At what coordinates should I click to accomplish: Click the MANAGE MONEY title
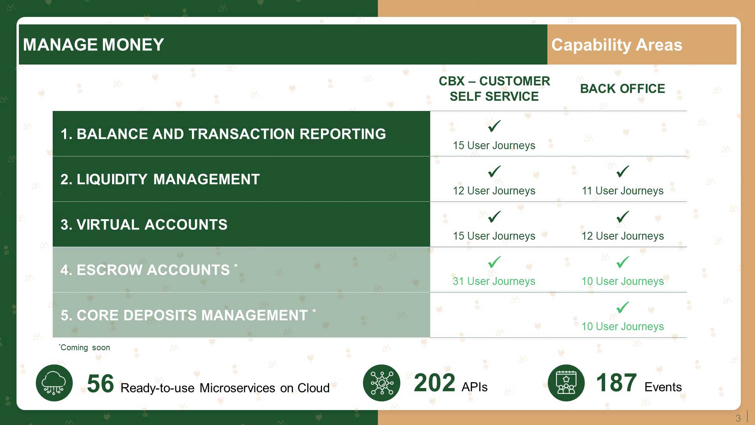point(93,45)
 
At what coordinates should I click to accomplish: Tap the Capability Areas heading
point(617,45)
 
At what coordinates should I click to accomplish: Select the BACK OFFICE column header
point(622,89)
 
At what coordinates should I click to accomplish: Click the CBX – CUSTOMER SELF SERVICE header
point(494,89)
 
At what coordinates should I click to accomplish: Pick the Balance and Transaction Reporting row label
point(223,134)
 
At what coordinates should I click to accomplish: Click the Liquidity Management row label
point(160,179)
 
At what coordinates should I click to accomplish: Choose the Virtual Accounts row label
point(144,225)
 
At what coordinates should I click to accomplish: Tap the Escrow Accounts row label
point(149,270)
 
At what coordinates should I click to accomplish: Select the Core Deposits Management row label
point(188,315)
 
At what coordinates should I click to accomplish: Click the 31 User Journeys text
point(494,281)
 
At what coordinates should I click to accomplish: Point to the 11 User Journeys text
point(622,191)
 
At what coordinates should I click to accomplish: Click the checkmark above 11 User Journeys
point(623,171)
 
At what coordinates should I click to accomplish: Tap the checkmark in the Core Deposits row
point(623,307)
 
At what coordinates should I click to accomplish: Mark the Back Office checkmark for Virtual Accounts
point(623,216)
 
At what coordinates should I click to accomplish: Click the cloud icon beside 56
point(54,383)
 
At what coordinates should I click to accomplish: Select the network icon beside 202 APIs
point(381,383)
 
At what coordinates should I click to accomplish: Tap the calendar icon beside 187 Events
point(566,383)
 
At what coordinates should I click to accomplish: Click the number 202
point(435,383)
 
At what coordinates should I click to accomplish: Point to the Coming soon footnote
point(85,347)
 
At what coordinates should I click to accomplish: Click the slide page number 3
point(738,418)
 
